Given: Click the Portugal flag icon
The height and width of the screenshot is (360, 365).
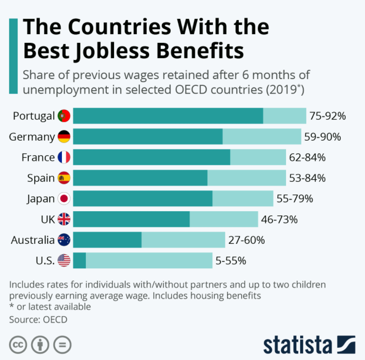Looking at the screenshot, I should pyautogui.click(x=64, y=116).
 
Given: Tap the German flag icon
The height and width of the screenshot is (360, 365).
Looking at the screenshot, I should pyautogui.click(x=64, y=137).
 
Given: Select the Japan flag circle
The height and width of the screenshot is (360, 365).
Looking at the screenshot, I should pyautogui.click(x=64, y=199).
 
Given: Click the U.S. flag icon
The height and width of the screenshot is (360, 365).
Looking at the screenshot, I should pyautogui.click(x=64, y=260).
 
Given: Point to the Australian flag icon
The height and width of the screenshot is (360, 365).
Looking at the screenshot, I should pyautogui.click(x=64, y=240).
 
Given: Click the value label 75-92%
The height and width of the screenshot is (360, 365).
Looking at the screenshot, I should pyautogui.click(x=327, y=116).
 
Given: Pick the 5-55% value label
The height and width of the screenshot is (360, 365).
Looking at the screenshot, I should pyautogui.click(x=231, y=260).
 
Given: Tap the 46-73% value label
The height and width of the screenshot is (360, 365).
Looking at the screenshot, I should pyautogui.click(x=279, y=220).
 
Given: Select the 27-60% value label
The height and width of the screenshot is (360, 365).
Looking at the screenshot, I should pyautogui.click(x=246, y=240).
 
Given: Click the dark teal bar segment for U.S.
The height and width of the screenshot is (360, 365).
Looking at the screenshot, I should pyautogui.click(x=79, y=260).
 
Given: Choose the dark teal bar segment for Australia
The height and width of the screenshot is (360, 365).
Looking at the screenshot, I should pyautogui.click(x=107, y=240).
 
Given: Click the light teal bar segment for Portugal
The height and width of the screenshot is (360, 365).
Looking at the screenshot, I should pyautogui.click(x=285, y=116).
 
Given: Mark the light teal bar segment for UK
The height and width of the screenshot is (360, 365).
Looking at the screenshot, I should pyautogui.click(x=224, y=220).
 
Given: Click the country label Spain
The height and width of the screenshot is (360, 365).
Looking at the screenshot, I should pyautogui.click(x=41, y=178).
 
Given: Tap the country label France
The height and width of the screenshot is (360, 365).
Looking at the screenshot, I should pyautogui.click(x=38, y=158).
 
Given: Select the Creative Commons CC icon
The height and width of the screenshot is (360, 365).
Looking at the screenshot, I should pyautogui.click(x=18, y=345).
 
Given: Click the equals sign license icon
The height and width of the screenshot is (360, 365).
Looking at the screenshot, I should pyautogui.click(x=62, y=345).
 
